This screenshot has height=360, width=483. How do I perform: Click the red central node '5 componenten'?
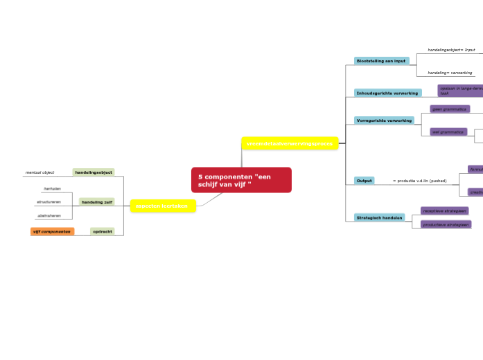coord(240,180)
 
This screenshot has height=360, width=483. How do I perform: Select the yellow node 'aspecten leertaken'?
coord(163,206)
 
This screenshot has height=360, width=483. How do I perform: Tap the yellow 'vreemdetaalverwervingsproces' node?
coord(290,143)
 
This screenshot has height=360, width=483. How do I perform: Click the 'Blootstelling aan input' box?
coord(381,61)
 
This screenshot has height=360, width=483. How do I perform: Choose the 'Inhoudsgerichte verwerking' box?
coord(387,93)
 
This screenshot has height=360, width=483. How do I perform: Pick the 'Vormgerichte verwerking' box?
coord(384,120)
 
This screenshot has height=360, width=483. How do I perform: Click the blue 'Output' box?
coord(365,181)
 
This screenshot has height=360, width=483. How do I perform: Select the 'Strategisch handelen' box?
coord(379,217)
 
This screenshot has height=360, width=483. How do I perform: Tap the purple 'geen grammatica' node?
coord(449,109)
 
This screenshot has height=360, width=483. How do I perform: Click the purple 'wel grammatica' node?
coord(448,132)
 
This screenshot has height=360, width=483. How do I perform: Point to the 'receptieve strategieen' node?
coord(444,210)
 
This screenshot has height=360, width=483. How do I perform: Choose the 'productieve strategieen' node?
coord(446,224)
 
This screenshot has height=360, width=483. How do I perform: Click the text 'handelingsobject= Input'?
coord(451,50)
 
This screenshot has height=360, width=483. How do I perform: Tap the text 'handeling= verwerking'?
coord(450,73)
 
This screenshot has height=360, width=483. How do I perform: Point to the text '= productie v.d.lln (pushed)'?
coord(419,181)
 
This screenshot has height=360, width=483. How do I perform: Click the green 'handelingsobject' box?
coord(94,172)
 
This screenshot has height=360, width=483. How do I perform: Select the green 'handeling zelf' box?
coord(96,202)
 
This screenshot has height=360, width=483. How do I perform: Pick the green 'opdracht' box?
coord(103,231)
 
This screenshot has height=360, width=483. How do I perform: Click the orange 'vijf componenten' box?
coord(52,231)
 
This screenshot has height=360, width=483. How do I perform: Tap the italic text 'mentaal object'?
coord(39,172)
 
